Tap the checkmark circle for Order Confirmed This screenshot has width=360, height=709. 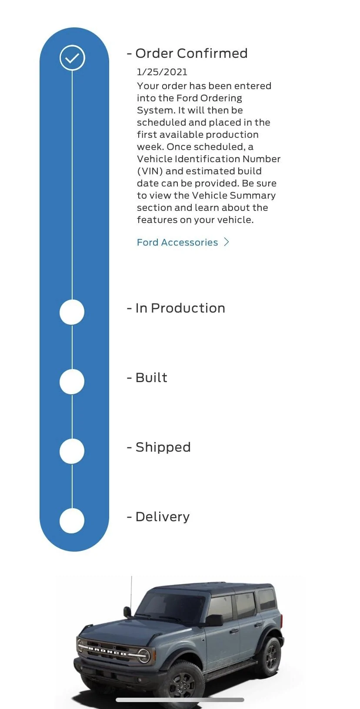click(x=72, y=58)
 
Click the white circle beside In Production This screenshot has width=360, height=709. click(x=72, y=312)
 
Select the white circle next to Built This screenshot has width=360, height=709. click(x=72, y=381)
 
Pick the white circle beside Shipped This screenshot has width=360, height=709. click(x=72, y=451)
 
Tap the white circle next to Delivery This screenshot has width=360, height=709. click(x=72, y=521)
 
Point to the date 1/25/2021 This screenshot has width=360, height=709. click(x=162, y=72)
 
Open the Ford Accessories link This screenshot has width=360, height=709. click(x=177, y=242)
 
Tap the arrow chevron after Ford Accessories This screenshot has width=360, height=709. click(x=227, y=242)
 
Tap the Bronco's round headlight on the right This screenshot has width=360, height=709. click(x=143, y=656)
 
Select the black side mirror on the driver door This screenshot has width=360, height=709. click(x=214, y=620)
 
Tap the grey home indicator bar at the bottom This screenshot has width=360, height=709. click(x=180, y=700)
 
